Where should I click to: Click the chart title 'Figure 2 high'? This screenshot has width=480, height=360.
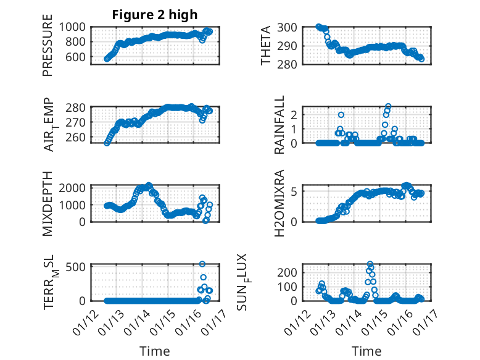click(x=154, y=15)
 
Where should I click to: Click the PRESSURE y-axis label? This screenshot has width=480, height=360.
click(x=48, y=51)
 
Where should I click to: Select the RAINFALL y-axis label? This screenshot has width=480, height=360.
click(x=279, y=125)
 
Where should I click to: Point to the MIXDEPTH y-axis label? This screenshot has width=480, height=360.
click(x=48, y=203)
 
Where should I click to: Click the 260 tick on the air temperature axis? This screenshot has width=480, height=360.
click(x=78, y=137)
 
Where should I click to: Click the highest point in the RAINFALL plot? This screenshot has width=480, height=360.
click(x=388, y=106)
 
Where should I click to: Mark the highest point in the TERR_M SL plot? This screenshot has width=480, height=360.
click(x=202, y=264)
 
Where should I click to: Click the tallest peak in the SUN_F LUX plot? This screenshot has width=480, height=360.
click(x=370, y=264)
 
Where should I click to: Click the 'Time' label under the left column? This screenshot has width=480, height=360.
click(x=154, y=351)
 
